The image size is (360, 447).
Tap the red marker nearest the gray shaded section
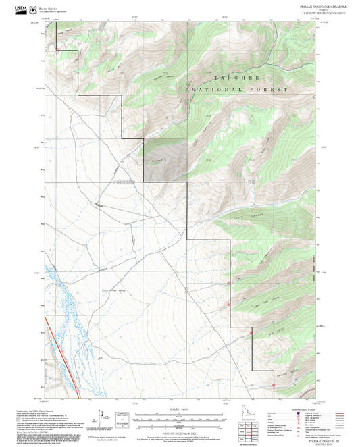click(144, 140)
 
